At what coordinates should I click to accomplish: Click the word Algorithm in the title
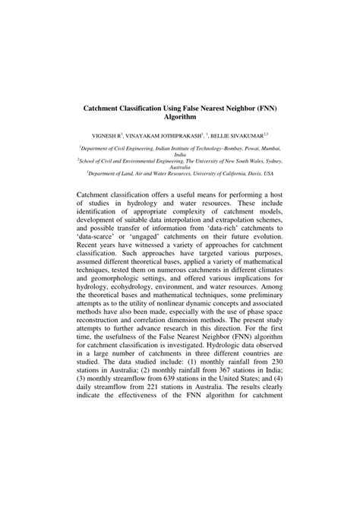tap(179, 119)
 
